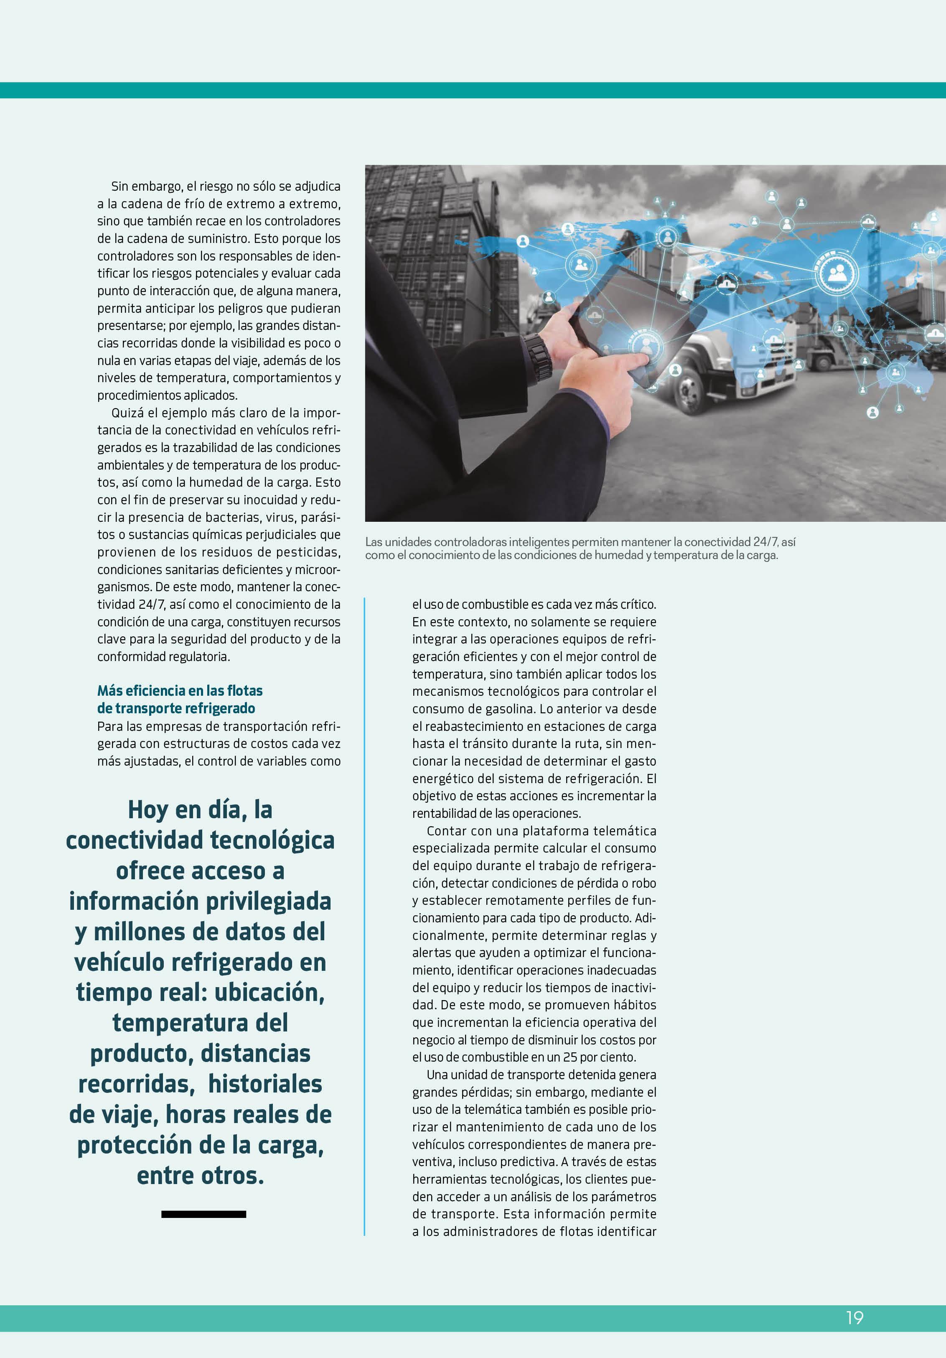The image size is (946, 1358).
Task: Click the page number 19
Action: coord(854,1317)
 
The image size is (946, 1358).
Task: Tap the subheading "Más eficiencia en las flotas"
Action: coord(180,690)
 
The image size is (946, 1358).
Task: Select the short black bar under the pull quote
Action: coord(203,1214)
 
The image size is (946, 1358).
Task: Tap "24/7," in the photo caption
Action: coord(765,542)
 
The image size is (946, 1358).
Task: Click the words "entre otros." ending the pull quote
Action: coord(201,1175)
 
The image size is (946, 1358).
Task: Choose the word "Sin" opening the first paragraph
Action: coord(120,186)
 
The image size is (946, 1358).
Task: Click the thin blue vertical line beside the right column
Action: coord(364,917)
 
